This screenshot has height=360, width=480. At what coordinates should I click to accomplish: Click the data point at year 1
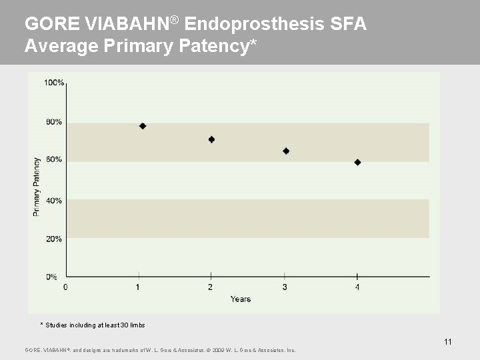point(143,126)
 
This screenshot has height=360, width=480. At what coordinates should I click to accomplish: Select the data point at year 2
point(211,139)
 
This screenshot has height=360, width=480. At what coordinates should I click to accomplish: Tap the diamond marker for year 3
point(286,151)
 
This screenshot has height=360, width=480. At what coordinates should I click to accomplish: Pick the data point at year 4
point(357,162)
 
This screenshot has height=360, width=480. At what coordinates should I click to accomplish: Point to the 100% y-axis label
point(54,83)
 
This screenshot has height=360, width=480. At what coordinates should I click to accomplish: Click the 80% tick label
point(54,122)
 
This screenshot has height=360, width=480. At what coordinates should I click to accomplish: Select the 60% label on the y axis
point(54,160)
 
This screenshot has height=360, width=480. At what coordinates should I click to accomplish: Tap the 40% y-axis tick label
point(54,200)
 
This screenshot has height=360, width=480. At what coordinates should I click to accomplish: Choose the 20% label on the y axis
point(54,238)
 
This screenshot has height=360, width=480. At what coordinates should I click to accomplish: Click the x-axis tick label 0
point(65,287)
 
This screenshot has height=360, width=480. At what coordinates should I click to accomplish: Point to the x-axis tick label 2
point(211,287)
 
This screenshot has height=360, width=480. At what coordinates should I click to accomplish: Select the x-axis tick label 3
point(285,287)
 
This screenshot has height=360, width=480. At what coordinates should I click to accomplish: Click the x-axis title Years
point(241,299)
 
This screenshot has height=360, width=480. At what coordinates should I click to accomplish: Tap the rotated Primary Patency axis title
point(37,187)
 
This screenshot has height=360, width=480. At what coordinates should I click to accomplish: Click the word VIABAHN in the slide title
point(126,25)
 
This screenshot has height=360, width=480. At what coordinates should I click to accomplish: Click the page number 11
point(448,342)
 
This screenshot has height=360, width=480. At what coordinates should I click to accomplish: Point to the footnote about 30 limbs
point(93,325)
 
